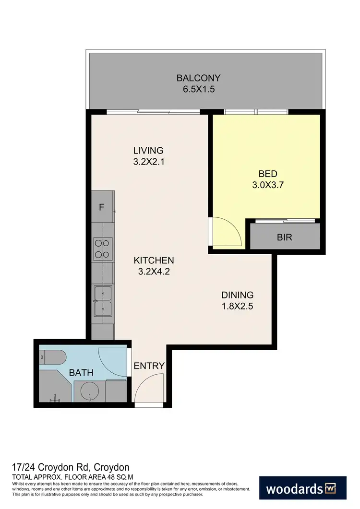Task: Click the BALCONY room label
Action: (x=198, y=78)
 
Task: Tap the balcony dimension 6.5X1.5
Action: (x=198, y=89)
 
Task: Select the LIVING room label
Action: (x=148, y=151)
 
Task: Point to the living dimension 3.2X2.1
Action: (x=148, y=162)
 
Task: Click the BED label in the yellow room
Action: (x=268, y=174)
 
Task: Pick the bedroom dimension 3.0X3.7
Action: (x=268, y=186)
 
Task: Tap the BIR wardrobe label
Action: (x=284, y=237)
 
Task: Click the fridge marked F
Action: (x=101, y=208)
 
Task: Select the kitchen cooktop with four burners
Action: (x=103, y=249)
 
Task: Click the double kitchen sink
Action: (x=103, y=301)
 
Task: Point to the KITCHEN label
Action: (x=154, y=260)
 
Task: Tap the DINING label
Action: (x=237, y=295)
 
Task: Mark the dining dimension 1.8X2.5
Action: (x=237, y=307)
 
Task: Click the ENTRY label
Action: (x=149, y=366)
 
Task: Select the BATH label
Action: (x=81, y=372)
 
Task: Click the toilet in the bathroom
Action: (x=54, y=357)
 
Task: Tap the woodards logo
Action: (x=302, y=489)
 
